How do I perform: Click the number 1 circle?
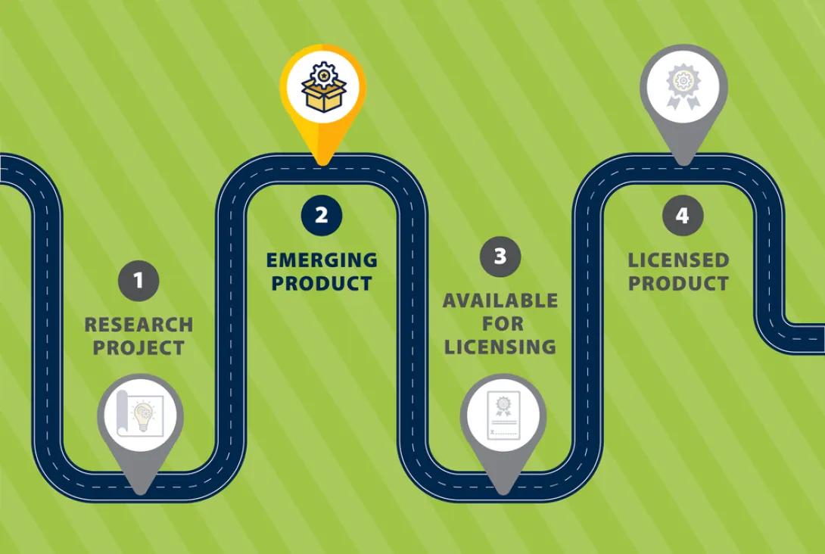pyautogui.click(x=139, y=281)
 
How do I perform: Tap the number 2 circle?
pyautogui.click(x=322, y=215)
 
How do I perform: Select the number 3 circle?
pyautogui.click(x=500, y=257)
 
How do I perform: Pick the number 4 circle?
pyautogui.click(x=683, y=215)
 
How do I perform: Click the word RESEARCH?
pyautogui.click(x=139, y=325)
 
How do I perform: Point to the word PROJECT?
pyautogui.click(x=139, y=347)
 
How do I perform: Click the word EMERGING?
pyautogui.click(x=322, y=260)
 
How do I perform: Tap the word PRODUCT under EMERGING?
pyautogui.click(x=322, y=284)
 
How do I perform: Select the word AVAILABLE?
pyautogui.click(x=500, y=300)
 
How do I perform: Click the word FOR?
pyautogui.click(x=503, y=324)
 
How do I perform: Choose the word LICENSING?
pyautogui.click(x=500, y=347)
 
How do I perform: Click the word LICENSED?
pyautogui.click(x=679, y=260)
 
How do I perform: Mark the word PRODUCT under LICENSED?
pyautogui.click(x=679, y=284)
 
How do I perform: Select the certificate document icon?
pyautogui.click(x=503, y=415)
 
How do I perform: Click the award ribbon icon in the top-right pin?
pyautogui.click(x=683, y=86)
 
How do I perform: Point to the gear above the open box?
pyautogui.click(x=324, y=75)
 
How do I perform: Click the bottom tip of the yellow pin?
pyautogui.click(x=322, y=165)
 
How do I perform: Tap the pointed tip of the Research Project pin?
pyautogui.click(x=141, y=493)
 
